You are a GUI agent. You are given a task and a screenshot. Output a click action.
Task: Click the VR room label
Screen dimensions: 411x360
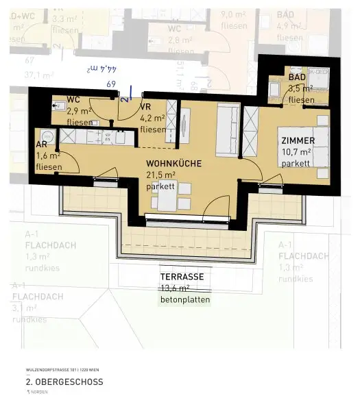tap(145, 107)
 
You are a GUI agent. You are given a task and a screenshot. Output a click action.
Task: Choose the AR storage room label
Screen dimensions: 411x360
tap(41, 145)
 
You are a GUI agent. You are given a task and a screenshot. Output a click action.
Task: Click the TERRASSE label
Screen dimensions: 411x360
tap(182, 277)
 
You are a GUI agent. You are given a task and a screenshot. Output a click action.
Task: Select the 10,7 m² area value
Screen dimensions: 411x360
tap(296, 152)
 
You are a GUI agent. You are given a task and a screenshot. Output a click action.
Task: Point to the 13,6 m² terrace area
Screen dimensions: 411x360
tap(176, 288)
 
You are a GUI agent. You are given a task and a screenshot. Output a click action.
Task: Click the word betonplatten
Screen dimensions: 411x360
tap(184, 300)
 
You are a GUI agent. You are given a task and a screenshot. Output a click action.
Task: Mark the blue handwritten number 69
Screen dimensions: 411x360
tap(111, 84)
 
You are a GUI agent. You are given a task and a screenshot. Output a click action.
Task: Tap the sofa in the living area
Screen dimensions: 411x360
tap(227, 130)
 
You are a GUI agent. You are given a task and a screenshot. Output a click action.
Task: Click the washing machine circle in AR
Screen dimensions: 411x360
tap(46, 134)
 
